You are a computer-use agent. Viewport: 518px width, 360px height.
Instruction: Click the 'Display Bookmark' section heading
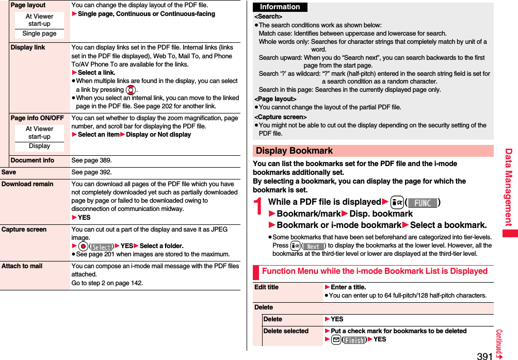point(295,151)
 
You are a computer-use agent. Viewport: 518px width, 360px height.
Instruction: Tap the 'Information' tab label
point(280,7)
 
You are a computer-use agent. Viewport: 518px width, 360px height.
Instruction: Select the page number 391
point(484,355)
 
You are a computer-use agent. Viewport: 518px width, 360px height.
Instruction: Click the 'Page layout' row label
point(28,5)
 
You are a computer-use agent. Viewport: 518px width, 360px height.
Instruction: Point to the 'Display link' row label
point(28,47)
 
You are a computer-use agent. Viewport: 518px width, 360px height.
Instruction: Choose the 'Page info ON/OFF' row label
point(37,118)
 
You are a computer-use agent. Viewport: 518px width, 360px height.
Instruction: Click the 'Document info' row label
point(32,160)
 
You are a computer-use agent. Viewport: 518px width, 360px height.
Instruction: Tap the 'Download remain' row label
point(27,184)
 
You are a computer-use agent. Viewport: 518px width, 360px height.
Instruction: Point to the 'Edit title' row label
point(266,287)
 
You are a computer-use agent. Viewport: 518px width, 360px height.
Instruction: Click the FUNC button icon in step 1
point(423,203)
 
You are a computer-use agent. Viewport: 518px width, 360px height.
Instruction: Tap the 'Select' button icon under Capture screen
point(102,247)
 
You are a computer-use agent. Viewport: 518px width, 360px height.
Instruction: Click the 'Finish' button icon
point(354,340)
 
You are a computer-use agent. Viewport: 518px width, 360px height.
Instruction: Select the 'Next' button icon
point(313,246)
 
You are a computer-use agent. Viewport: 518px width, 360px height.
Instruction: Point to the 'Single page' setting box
point(39,34)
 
